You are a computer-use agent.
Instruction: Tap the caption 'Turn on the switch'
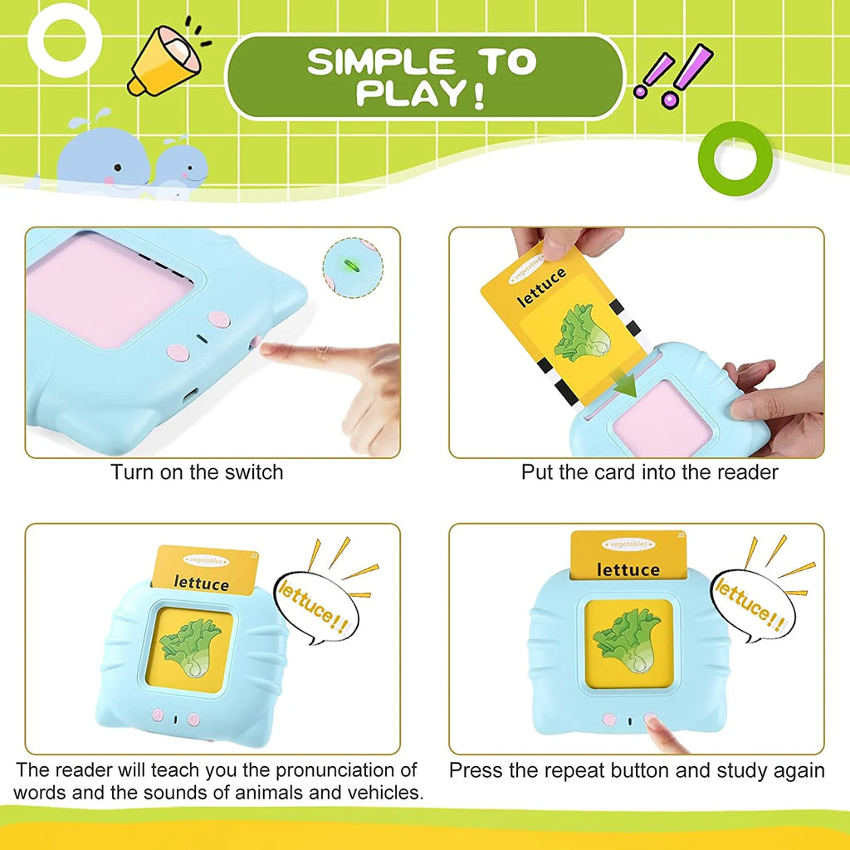pyautogui.click(x=198, y=472)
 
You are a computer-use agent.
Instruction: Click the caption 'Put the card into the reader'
pyautogui.click(x=649, y=472)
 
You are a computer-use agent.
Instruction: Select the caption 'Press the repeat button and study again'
pyautogui.click(x=637, y=770)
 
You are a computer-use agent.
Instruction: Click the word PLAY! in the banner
pyautogui.click(x=420, y=94)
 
